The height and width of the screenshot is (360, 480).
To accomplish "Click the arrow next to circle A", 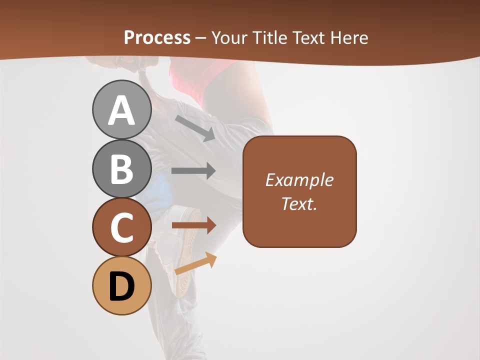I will [x=195, y=128].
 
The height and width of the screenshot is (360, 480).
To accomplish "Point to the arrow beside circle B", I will [x=193, y=170].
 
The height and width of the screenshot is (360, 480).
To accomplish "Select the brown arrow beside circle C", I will [x=193, y=225].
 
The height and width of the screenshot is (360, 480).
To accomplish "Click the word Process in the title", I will [x=157, y=37].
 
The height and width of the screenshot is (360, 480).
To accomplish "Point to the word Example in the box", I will [x=299, y=180].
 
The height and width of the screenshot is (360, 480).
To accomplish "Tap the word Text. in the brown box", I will [x=299, y=203].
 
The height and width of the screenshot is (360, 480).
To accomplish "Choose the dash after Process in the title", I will [x=200, y=38].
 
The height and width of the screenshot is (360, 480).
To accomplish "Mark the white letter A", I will [x=121, y=110].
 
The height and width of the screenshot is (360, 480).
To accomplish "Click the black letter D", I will [x=121, y=286].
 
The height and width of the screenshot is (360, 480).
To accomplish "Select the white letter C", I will [x=121, y=227].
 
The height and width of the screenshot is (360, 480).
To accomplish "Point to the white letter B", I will [x=121, y=169].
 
